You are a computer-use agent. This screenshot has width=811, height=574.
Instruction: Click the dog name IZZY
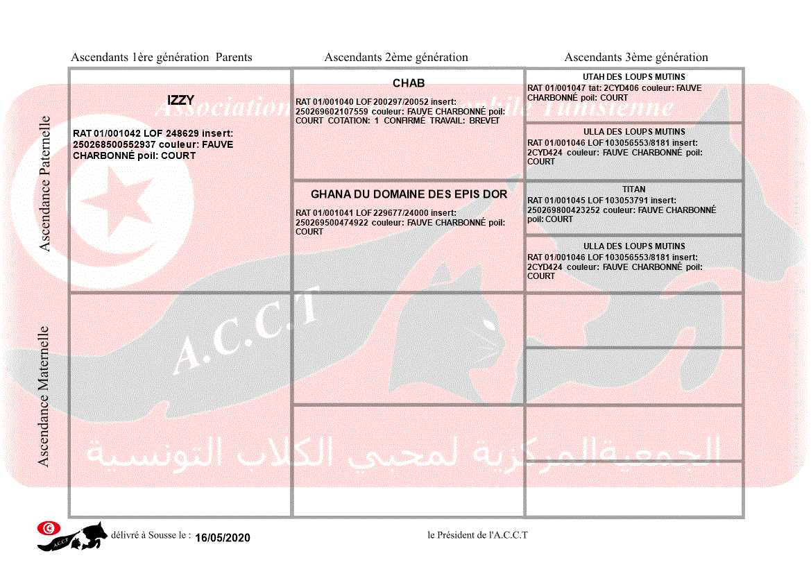point(180,101)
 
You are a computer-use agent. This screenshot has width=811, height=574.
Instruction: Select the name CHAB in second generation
point(409,83)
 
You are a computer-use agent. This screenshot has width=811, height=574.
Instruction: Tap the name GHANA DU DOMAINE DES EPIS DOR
point(409,194)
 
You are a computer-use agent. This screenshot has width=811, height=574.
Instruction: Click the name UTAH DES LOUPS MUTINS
point(634,77)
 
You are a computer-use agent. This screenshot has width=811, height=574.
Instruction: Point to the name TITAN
point(634,189)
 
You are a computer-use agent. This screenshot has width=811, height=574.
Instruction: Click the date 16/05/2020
point(222,538)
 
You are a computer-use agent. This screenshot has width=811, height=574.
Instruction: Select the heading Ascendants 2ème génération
point(396,58)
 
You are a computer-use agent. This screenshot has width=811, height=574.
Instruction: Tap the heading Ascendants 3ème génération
point(636,58)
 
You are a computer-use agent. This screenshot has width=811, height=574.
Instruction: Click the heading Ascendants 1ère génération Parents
point(162,58)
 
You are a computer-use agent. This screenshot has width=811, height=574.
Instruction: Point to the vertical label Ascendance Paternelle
point(45,183)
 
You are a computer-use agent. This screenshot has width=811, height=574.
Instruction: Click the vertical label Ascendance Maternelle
point(44,396)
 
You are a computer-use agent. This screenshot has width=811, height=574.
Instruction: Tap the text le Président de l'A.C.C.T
point(478,535)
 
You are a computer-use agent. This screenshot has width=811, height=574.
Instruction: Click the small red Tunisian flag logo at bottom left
point(48,528)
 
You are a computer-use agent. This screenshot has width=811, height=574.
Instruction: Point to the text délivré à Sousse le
point(151,536)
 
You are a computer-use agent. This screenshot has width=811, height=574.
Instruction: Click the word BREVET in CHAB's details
point(484,121)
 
